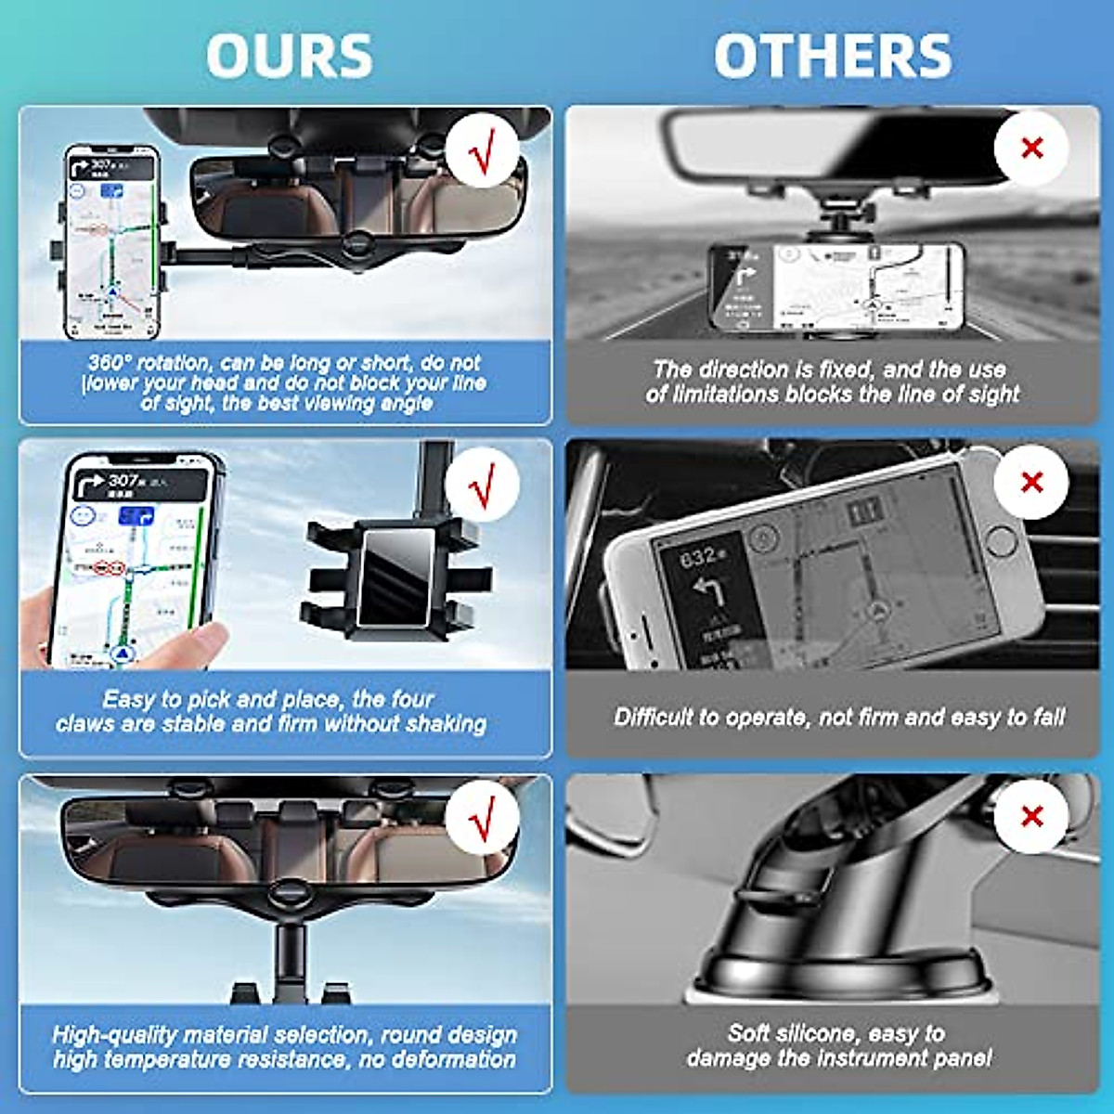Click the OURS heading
point(289,56)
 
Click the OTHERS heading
point(833,56)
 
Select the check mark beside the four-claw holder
point(481,484)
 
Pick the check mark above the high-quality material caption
point(481,818)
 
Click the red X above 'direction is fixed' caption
point(1031,149)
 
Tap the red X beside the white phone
point(1031,482)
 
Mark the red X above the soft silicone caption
point(1031,816)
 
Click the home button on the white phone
point(1001,541)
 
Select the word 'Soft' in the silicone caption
point(748,1033)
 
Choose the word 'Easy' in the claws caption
point(128,699)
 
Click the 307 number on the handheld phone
point(123,480)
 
